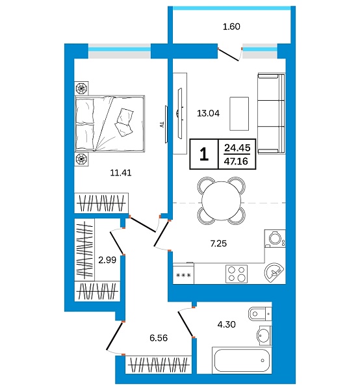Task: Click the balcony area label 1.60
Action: coord(231,27)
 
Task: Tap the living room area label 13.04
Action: coord(208,112)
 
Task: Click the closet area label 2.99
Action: coord(107,261)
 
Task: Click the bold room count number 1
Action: coord(204,154)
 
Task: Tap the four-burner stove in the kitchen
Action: coord(237,274)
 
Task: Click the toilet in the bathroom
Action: coord(259,313)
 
